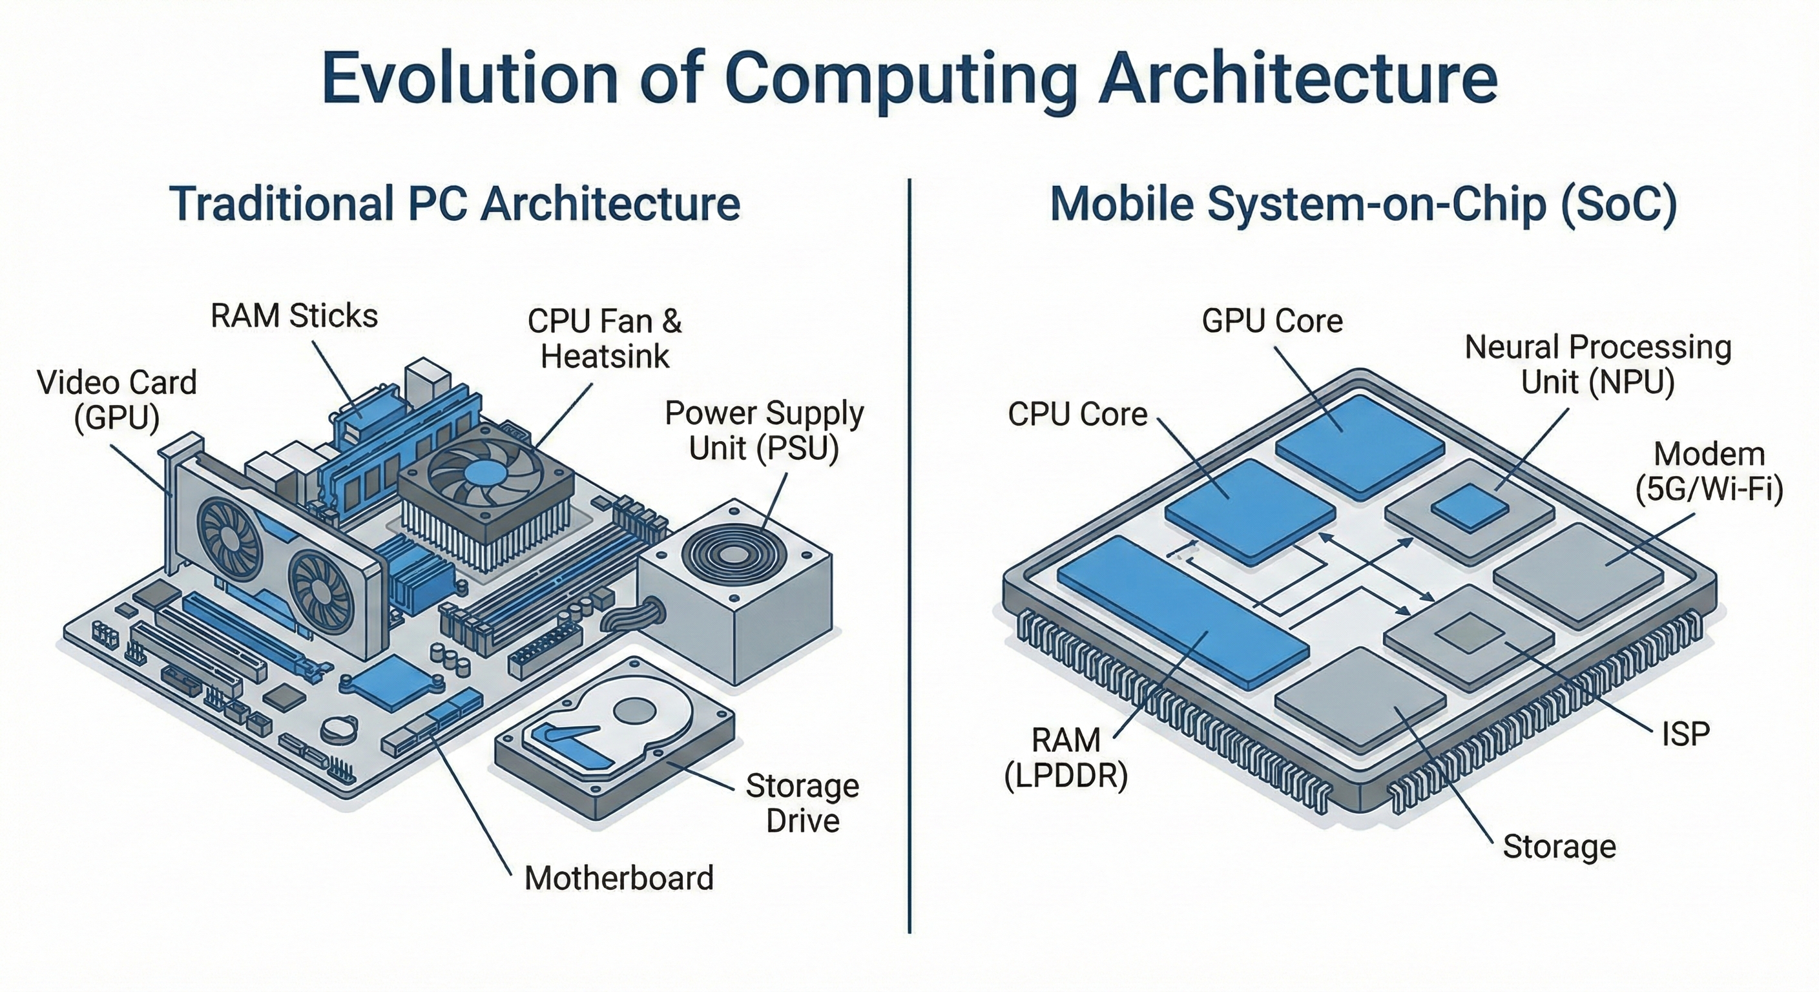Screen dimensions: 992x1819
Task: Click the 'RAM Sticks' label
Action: tap(294, 316)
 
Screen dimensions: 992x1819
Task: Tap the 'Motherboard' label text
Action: tap(619, 878)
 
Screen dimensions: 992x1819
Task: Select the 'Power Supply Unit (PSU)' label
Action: tap(764, 430)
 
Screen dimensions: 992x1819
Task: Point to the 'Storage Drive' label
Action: tap(802, 803)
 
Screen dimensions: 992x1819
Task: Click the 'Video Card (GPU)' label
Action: tap(116, 400)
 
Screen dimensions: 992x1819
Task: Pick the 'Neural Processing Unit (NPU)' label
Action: tap(1597, 364)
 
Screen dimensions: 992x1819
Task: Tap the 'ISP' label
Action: tap(1685, 734)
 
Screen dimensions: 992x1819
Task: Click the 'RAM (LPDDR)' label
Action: tap(1066, 758)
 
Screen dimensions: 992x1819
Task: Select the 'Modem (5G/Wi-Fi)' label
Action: tap(1709, 471)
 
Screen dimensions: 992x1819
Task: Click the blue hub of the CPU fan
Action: tap(485, 472)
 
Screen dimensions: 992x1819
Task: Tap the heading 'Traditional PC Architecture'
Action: tap(455, 203)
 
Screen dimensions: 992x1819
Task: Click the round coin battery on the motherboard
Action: tap(338, 727)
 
